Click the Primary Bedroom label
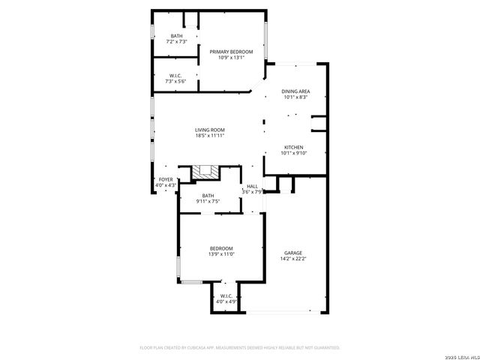231,52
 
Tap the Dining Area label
296,91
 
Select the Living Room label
210,130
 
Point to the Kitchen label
294,147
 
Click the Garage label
293,253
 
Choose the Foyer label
165,180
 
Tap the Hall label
252,186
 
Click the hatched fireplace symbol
204,173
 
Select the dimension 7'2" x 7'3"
176,42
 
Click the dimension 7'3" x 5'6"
176,81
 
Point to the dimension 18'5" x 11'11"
210,136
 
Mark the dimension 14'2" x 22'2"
293,259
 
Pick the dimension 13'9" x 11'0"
221,254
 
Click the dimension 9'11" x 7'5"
207,201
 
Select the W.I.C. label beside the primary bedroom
176,75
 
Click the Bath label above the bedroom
207,195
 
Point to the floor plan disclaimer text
240,348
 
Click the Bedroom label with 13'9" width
221,248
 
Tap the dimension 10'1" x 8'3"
296,97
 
